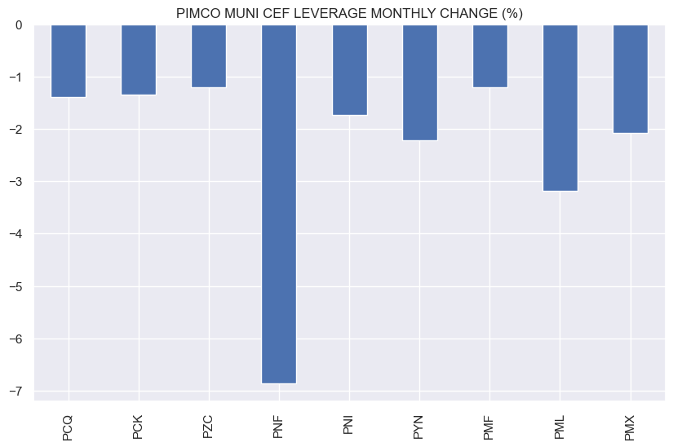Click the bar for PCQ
click(x=69, y=61)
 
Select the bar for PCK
click(x=139, y=60)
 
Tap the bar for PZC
click(x=209, y=56)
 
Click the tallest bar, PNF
click(x=279, y=204)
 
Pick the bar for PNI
click(x=349, y=70)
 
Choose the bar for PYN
click(x=419, y=82)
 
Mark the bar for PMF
click(x=489, y=56)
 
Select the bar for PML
click(x=560, y=108)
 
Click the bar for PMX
click(x=630, y=79)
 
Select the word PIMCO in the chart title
click(x=194, y=12)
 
